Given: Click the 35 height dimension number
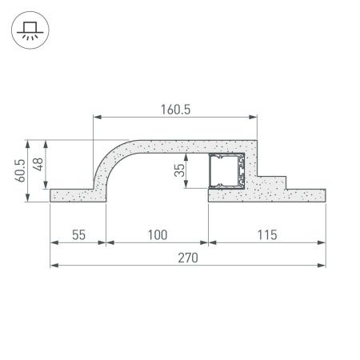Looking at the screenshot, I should click(x=180, y=170).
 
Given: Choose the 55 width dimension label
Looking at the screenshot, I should click(x=78, y=234).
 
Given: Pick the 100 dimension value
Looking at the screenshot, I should click(x=158, y=234).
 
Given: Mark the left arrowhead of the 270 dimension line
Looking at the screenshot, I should click(x=54, y=265).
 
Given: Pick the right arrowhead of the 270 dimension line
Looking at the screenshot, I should click(x=322, y=265).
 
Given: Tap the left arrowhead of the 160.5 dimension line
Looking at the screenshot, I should click(x=97, y=118).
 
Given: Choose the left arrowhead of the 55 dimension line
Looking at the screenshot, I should click(x=54, y=242).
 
